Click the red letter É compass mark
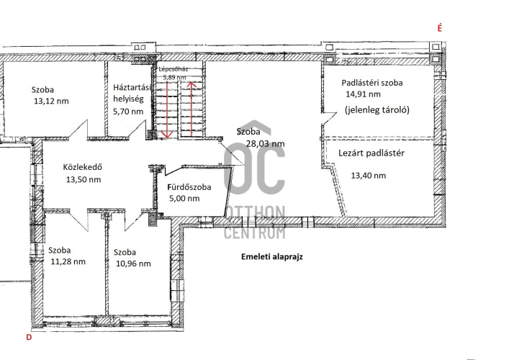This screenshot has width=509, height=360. (x=440, y=28)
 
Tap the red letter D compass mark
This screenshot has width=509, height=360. (x=29, y=338)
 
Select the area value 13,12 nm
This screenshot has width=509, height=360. (x=51, y=101)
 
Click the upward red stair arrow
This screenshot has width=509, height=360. (x=192, y=109)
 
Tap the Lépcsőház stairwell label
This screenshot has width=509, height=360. (x=174, y=69)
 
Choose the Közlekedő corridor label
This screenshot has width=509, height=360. (x=83, y=167)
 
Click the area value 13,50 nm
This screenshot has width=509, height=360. (x=84, y=179)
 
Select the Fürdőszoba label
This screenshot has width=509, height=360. (x=189, y=187)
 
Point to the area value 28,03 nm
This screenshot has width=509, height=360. (x=265, y=144)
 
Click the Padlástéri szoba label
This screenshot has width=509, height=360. (x=372, y=83)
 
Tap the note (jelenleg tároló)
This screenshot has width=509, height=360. (x=377, y=110)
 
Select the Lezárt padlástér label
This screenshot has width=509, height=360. (x=371, y=153)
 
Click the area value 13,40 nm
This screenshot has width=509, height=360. (x=369, y=176)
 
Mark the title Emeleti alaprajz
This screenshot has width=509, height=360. (x=272, y=257)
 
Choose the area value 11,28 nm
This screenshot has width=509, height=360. (x=68, y=261)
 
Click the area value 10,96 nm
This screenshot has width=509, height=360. (x=133, y=264)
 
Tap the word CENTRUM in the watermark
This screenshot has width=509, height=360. (x=255, y=233)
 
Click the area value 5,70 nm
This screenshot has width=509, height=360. (x=128, y=112)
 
